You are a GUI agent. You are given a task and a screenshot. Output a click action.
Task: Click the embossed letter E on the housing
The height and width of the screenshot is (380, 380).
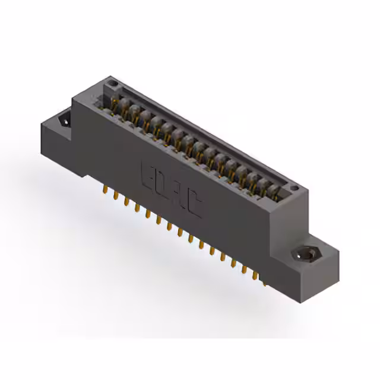pos(147,174)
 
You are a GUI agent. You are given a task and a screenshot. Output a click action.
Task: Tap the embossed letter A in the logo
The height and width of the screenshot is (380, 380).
pos(179,196)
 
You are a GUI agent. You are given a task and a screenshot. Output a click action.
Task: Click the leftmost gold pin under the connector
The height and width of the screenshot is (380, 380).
pos(106,191)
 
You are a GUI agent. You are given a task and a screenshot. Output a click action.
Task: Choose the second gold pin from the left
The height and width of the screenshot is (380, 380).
pos(116,196)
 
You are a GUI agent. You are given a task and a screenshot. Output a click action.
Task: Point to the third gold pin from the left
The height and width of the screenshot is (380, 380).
pos(126,202)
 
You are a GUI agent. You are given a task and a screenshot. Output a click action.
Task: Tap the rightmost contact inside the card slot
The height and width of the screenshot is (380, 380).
pos(274,191)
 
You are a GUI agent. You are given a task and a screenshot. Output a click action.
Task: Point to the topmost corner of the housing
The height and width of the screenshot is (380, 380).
pos(112,77)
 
